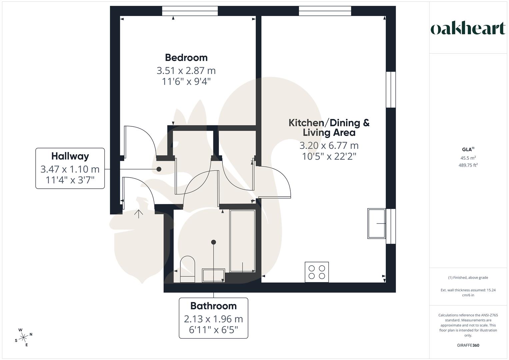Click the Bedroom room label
click(186, 58)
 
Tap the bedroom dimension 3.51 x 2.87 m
click(186, 71)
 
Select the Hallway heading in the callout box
click(70, 156)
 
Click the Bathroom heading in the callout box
click(213, 306)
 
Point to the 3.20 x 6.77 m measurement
click(329, 146)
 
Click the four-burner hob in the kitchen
click(317, 272)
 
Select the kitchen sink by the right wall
click(377, 223)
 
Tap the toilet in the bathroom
click(187, 269)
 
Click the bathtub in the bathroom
click(242, 241)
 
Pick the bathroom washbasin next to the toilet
click(214, 275)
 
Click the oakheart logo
click(468, 29)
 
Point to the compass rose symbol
click(23, 337)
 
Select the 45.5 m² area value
click(468, 158)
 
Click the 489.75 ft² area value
click(468, 165)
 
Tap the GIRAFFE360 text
click(468, 345)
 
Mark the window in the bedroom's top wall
click(190, 11)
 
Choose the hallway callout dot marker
click(159, 169)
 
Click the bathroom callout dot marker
click(214, 242)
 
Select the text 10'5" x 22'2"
click(329, 156)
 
